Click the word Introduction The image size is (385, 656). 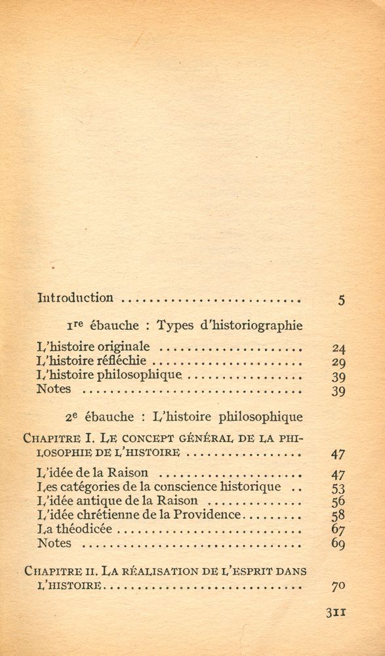75,298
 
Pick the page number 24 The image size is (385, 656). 339,348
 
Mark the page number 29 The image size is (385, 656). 339,363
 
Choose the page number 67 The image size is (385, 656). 339,530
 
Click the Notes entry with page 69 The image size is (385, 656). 54,543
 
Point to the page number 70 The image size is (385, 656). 339,586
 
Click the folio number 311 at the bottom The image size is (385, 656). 335,613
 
